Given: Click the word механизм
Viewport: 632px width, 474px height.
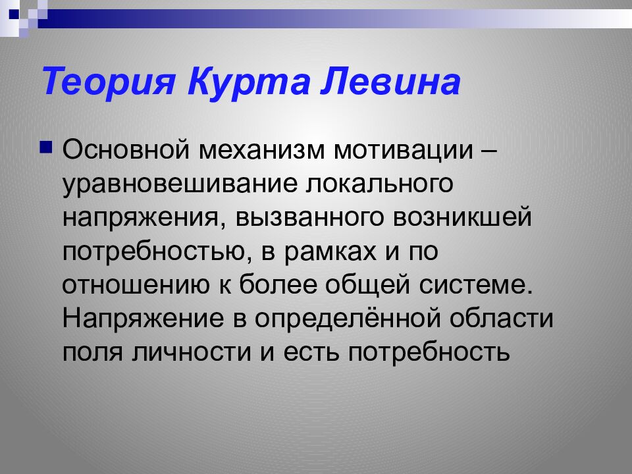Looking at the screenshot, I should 257,149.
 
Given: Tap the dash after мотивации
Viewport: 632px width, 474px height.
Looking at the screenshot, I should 488,149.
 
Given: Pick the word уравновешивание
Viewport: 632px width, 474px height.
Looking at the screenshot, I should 178,184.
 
